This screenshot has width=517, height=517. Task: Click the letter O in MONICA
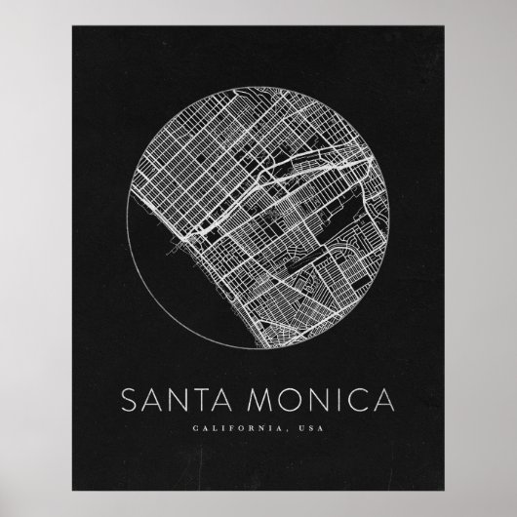click(x=288, y=401)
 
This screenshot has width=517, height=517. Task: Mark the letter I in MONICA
click(x=332, y=401)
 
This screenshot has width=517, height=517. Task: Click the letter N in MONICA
click(x=313, y=401)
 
